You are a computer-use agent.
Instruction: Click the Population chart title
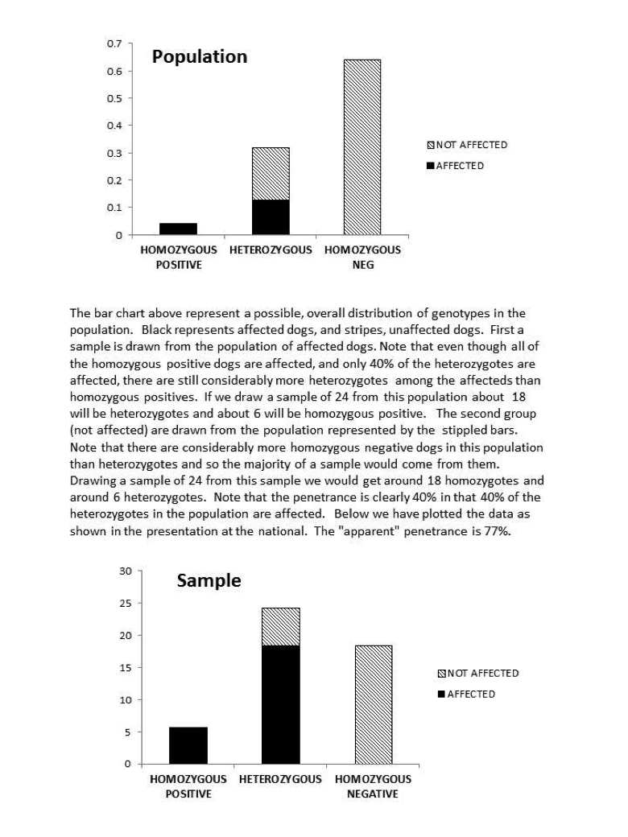click(x=200, y=57)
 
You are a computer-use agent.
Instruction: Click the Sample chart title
click(x=209, y=581)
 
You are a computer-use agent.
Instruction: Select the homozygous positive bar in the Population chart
click(x=179, y=229)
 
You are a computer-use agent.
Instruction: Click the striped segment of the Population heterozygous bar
click(x=271, y=173)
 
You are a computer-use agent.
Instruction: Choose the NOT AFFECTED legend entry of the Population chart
click(x=466, y=145)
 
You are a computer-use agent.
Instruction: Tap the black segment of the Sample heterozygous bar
click(x=281, y=704)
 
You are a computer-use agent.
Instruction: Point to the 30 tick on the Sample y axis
click(x=125, y=571)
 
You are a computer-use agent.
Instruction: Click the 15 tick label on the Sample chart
click(x=125, y=668)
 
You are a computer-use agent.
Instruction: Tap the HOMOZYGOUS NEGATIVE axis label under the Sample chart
click(x=373, y=786)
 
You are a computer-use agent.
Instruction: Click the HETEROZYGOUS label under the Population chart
click(x=271, y=250)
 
